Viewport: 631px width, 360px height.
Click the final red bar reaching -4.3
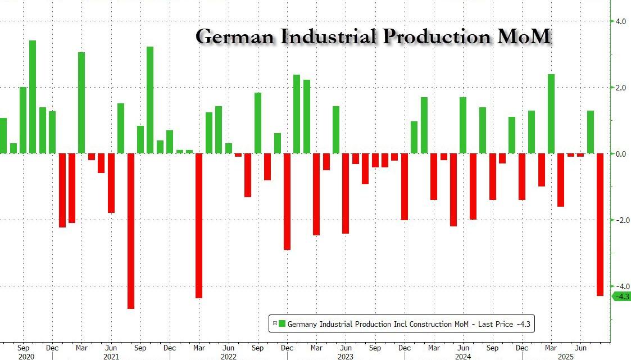coord(600,224)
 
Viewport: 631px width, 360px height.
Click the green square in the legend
coord(282,323)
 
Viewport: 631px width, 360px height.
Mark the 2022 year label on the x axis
coord(228,356)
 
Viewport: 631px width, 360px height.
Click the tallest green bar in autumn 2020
coord(33,97)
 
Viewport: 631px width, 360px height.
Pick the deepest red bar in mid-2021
coord(130,230)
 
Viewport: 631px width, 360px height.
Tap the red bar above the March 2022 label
coord(199,225)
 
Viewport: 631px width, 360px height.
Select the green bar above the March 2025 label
coord(551,113)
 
